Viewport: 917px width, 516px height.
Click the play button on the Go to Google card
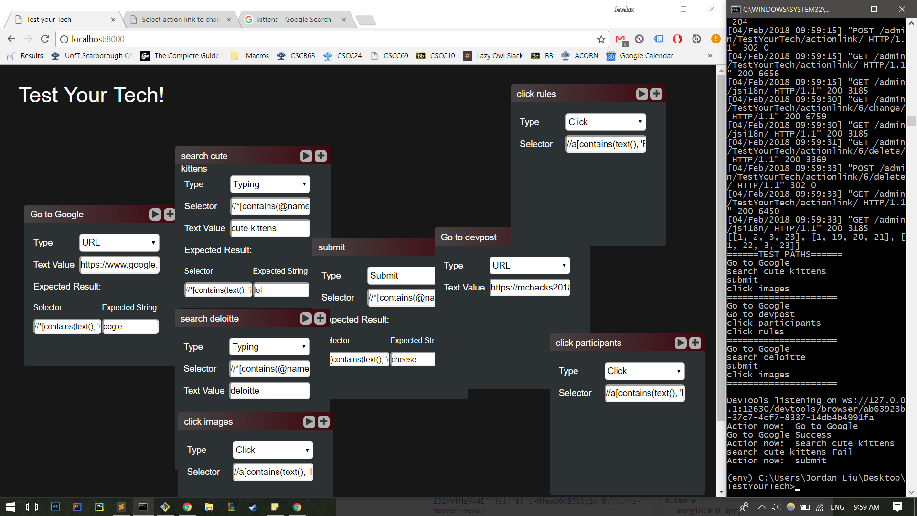pyautogui.click(x=155, y=215)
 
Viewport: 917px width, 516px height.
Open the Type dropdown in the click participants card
pyautogui.click(x=644, y=371)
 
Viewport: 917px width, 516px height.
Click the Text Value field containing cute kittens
pyautogui.click(x=270, y=228)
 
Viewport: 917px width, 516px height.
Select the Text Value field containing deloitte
pyautogui.click(x=269, y=391)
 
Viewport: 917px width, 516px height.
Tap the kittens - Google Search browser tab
pyautogui.click(x=294, y=20)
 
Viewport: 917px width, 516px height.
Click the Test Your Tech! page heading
pyautogui.click(x=91, y=95)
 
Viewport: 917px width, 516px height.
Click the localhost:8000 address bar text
pyautogui.click(x=98, y=39)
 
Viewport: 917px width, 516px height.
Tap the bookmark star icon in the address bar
pyautogui.click(x=601, y=39)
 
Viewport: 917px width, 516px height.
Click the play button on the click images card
pyautogui.click(x=309, y=422)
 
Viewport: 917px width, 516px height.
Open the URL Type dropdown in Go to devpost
pyautogui.click(x=529, y=266)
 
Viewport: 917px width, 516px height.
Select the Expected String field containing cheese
pyautogui.click(x=412, y=360)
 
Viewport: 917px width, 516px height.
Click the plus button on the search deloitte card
pyautogui.click(x=320, y=319)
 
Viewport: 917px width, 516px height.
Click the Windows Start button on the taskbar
pyautogui.click(x=10, y=507)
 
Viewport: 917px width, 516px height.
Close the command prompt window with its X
pyautogui.click(x=902, y=9)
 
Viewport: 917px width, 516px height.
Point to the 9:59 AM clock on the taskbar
pyautogui.click(x=866, y=507)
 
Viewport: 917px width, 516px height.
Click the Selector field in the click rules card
pyautogui.click(x=606, y=144)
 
